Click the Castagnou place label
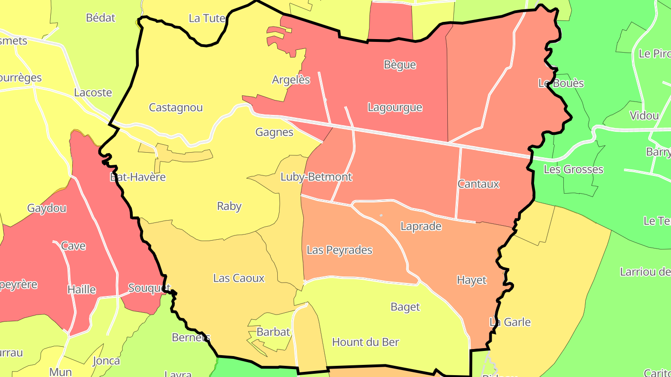pos(176,108)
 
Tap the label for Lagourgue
pos(395,108)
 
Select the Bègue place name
pos(399,65)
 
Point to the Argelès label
pos(291,80)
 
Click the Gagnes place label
pos(274,132)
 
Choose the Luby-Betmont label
pos(316,177)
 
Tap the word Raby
pos(229,206)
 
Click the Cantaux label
pos(478,184)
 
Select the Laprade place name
pos(421,226)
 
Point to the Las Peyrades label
pos(339,250)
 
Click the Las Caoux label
pos(239,278)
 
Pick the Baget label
pos(405,307)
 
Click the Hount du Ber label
pos(365,342)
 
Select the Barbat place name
pos(273,332)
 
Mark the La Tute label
pos(207,18)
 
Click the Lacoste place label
pos(93,93)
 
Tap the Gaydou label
pos(47,208)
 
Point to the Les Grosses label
pos(573,169)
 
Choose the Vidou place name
pos(644,115)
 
